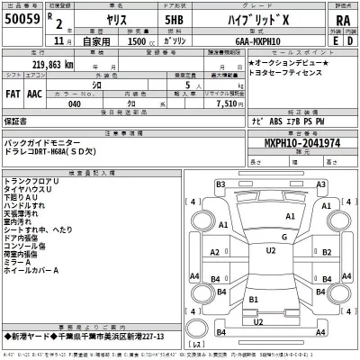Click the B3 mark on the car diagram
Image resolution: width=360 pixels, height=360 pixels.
[x=220, y=184]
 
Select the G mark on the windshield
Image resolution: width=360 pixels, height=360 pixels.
[x=283, y=237]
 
